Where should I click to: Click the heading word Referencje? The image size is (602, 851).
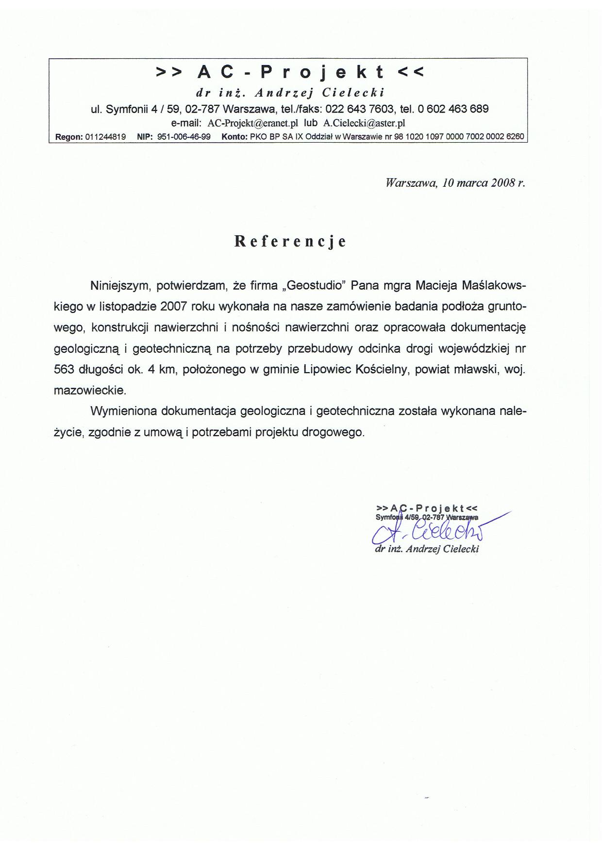(290, 242)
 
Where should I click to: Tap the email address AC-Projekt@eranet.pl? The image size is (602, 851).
(252, 123)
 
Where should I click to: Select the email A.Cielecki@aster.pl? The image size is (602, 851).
(364, 123)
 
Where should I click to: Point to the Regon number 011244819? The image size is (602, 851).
(105, 137)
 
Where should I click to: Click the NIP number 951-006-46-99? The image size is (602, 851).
(184, 137)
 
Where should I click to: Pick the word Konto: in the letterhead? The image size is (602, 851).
(235, 137)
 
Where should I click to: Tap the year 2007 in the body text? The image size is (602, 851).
(173, 307)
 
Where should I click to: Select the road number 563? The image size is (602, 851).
(64, 369)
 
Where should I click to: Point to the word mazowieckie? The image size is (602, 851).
(90, 390)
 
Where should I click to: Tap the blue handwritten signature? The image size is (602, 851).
(427, 533)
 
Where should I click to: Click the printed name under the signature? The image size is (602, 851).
(427, 549)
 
